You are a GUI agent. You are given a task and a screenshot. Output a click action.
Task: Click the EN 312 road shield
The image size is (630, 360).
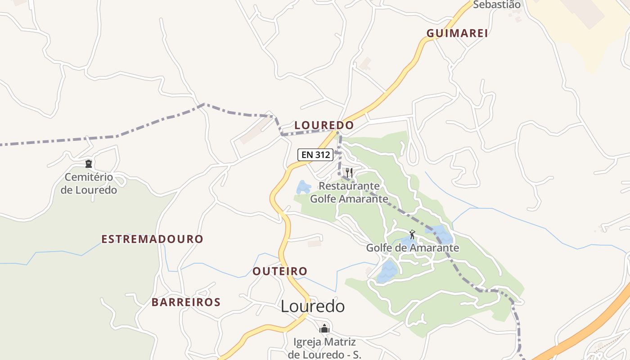tap(315, 155)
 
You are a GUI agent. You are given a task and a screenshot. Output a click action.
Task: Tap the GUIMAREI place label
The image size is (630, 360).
tap(457, 33)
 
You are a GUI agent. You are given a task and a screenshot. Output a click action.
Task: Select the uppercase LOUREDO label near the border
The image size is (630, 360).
tap(324, 125)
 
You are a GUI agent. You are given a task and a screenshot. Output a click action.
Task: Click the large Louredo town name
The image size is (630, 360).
tap(313, 306)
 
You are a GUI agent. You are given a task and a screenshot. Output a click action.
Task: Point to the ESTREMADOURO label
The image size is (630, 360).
tap(152, 239)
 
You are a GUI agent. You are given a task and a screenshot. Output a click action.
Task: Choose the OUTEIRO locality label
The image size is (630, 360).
tap(280, 271)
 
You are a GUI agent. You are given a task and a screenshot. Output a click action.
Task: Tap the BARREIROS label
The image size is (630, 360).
tap(186, 302)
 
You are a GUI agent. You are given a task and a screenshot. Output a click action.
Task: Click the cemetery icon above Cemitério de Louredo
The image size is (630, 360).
tap(89, 164)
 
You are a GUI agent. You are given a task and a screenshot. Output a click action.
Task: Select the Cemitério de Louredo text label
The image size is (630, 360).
tap(89, 184)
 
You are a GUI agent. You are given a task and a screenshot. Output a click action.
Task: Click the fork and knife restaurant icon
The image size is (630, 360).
tap(349, 172)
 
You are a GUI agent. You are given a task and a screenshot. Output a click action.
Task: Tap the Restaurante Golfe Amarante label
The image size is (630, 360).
tap(349, 192)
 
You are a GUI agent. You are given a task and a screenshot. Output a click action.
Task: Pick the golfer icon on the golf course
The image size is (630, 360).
tap(412, 234)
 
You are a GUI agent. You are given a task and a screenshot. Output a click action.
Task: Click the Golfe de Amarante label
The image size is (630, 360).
tap(412, 248)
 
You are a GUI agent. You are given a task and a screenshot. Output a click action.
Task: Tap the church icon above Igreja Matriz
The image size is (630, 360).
tap(324, 329)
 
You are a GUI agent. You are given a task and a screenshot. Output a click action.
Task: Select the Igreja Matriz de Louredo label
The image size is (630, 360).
tap(324, 348)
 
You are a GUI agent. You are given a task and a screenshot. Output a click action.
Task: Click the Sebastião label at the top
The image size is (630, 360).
tap(497, 5)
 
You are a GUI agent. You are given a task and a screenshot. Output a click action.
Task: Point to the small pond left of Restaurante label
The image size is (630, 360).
tap(303, 187)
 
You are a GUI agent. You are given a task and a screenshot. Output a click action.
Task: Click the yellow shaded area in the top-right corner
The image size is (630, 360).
tap(585, 27)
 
